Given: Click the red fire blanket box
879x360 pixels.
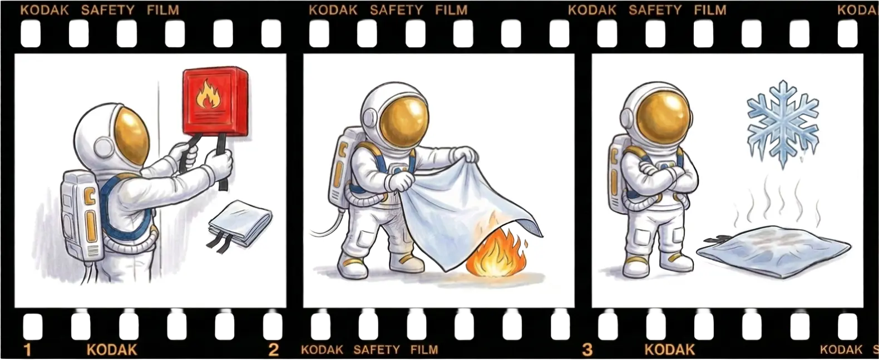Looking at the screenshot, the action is pos(215,101).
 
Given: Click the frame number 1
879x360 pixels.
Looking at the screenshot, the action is pos(27,349).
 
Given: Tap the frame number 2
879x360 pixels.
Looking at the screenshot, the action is pos(274,349).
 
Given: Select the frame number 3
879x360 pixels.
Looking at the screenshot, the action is pos(587,349).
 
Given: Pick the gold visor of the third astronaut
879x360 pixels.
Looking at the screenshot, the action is pos(663,118).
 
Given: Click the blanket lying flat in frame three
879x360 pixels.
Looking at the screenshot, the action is pos(774,251).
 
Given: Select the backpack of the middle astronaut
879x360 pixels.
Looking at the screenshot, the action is pos(342,166).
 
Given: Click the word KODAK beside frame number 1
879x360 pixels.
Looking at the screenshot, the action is pos(112,349).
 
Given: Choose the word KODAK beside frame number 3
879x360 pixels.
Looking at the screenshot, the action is pos(669,349).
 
